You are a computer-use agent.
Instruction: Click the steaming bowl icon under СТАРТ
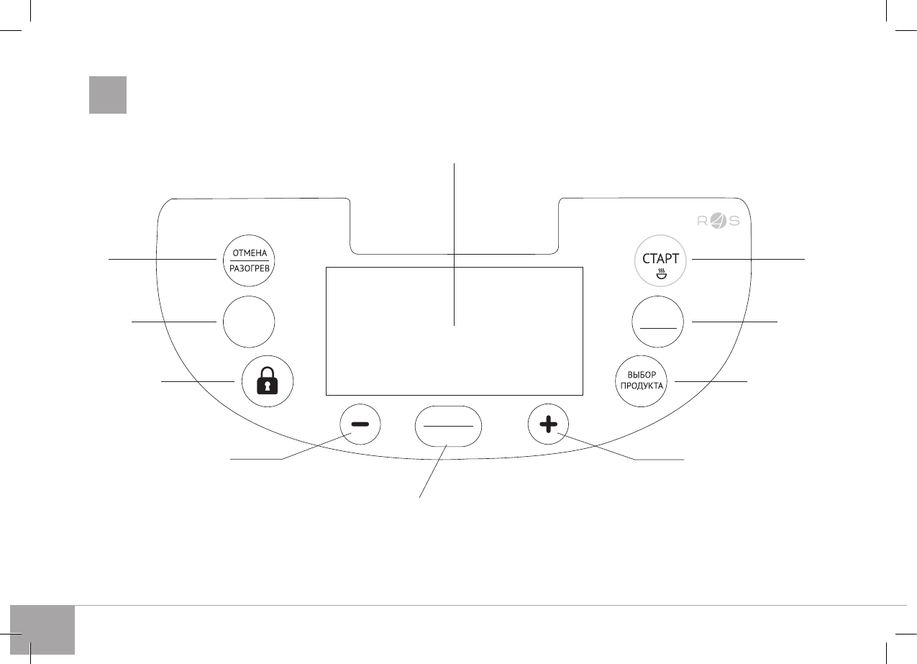click(x=660, y=273)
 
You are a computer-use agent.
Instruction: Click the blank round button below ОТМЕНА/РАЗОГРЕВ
click(x=249, y=323)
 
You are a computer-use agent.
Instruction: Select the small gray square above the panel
click(x=108, y=95)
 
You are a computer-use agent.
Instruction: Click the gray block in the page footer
click(x=43, y=629)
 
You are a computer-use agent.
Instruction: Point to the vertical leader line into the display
click(x=455, y=216)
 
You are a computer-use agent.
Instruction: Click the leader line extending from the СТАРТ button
click(x=748, y=259)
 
